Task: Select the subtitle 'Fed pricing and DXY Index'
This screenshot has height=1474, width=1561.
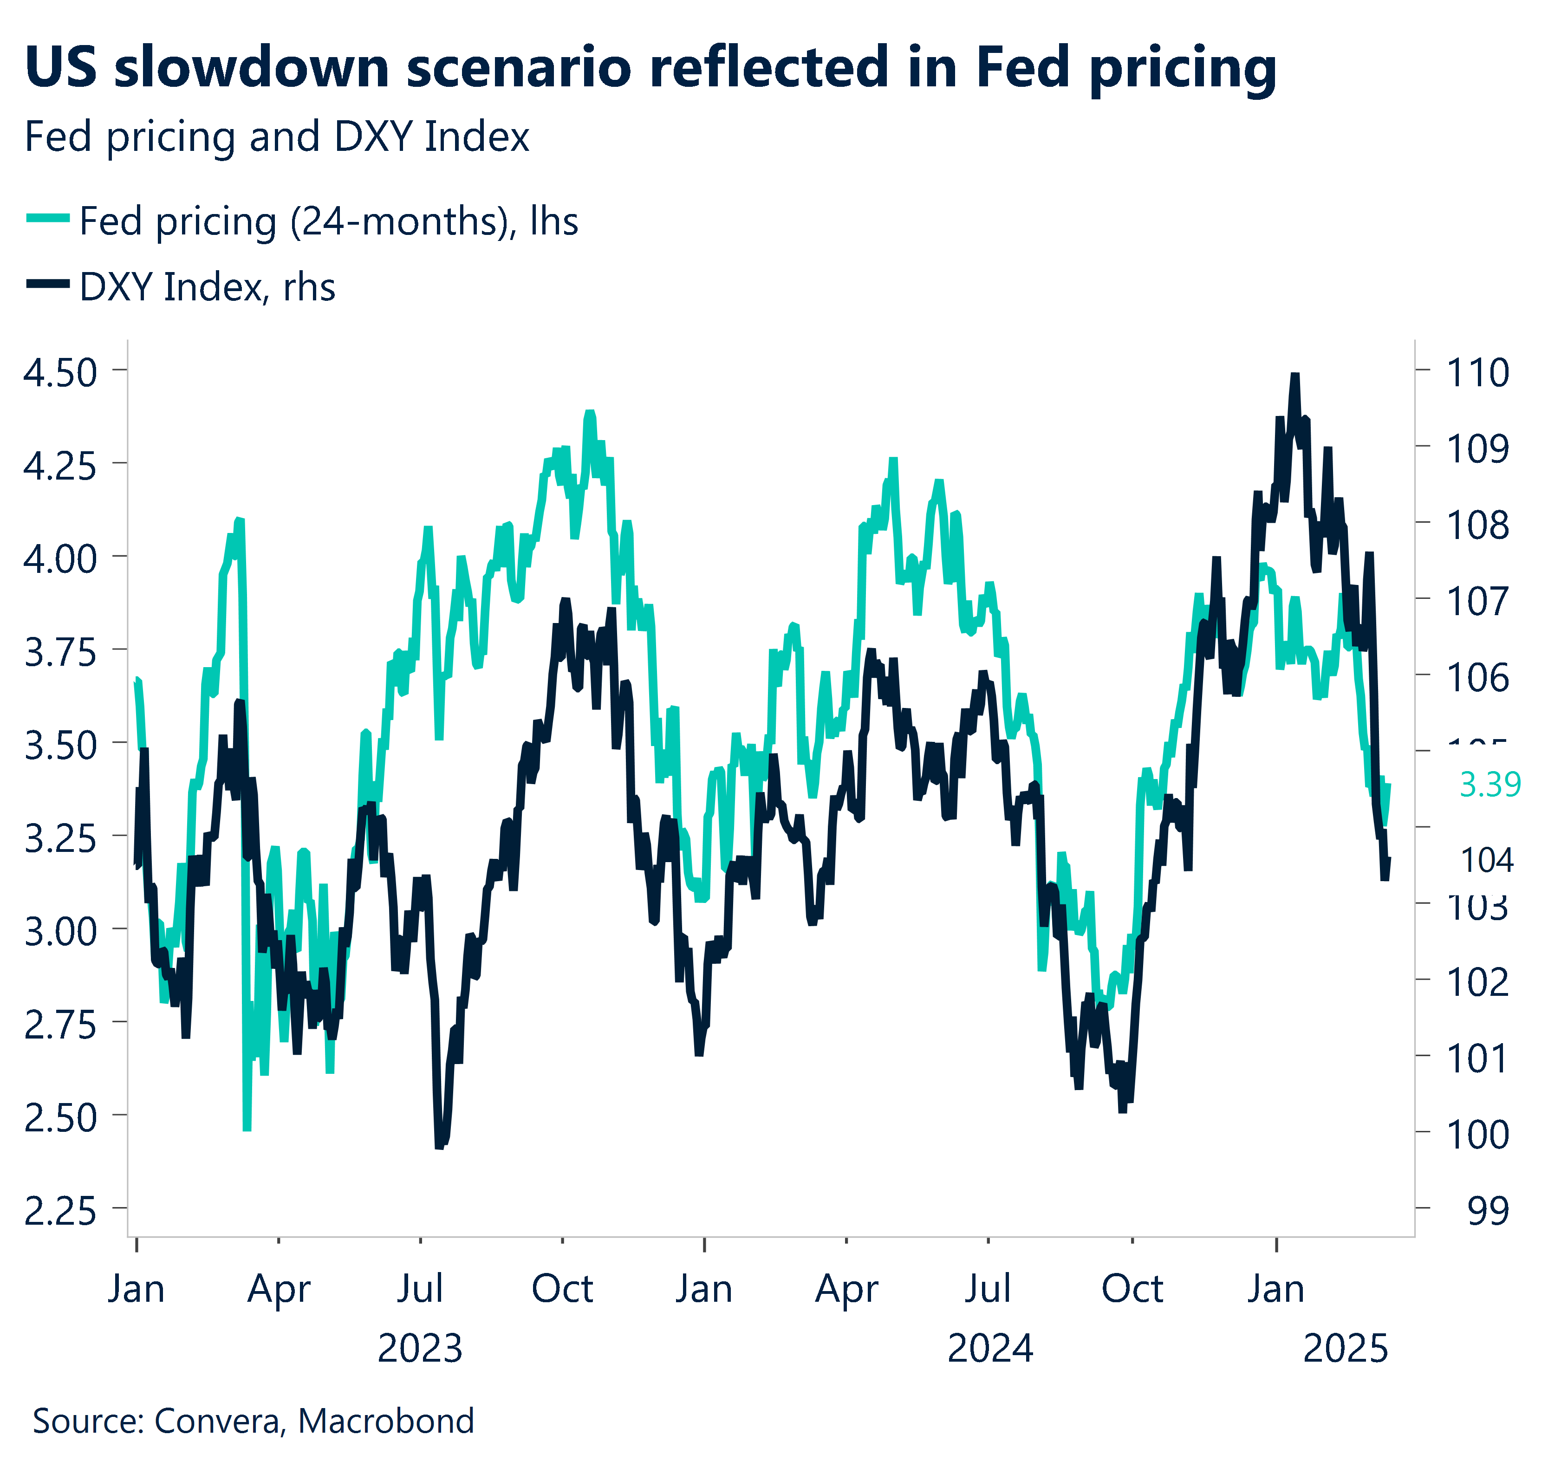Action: pos(277,137)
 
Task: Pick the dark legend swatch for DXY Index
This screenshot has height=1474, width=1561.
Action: pos(49,285)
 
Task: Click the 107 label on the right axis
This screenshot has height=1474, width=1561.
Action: pos(1477,602)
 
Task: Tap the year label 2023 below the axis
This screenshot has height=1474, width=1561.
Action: pos(420,1349)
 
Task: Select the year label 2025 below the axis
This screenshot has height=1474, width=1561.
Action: pos(1345,1349)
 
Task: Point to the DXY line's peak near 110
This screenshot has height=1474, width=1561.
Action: pos(1294,377)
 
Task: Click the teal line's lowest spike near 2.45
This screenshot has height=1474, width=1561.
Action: pos(247,1128)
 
